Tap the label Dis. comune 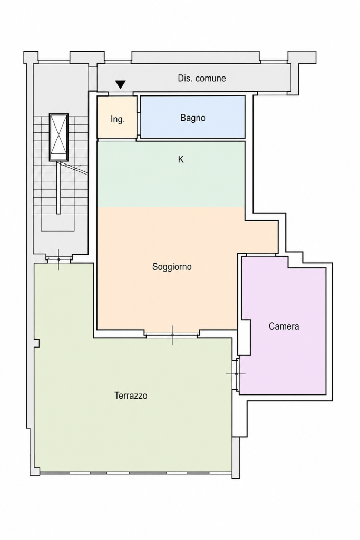pyautogui.click(x=202, y=78)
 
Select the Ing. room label pyautogui.click(x=118, y=120)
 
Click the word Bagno pyautogui.click(x=193, y=118)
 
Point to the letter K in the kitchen pyautogui.click(x=181, y=159)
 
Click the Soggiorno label pyautogui.click(x=172, y=266)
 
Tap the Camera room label pyautogui.click(x=284, y=326)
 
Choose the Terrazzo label pyautogui.click(x=131, y=396)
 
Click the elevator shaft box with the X pyautogui.click(x=59, y=137)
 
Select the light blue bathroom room pyautogui.click(x=193, y=117)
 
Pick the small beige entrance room pyautogui.click(x=117, y=117)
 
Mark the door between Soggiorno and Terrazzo pyautogui.click(x=172, y=334)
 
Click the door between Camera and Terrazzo pyautogui.click(x=236, y=374)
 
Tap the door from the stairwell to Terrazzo pyautogui.click(x=59, y=259)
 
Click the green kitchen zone pyautogui.click(x=171, y=174)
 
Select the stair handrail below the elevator pyautogui.click(x=59, y=187)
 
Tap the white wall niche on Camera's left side pyautogui.click(x=244, y=337)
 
